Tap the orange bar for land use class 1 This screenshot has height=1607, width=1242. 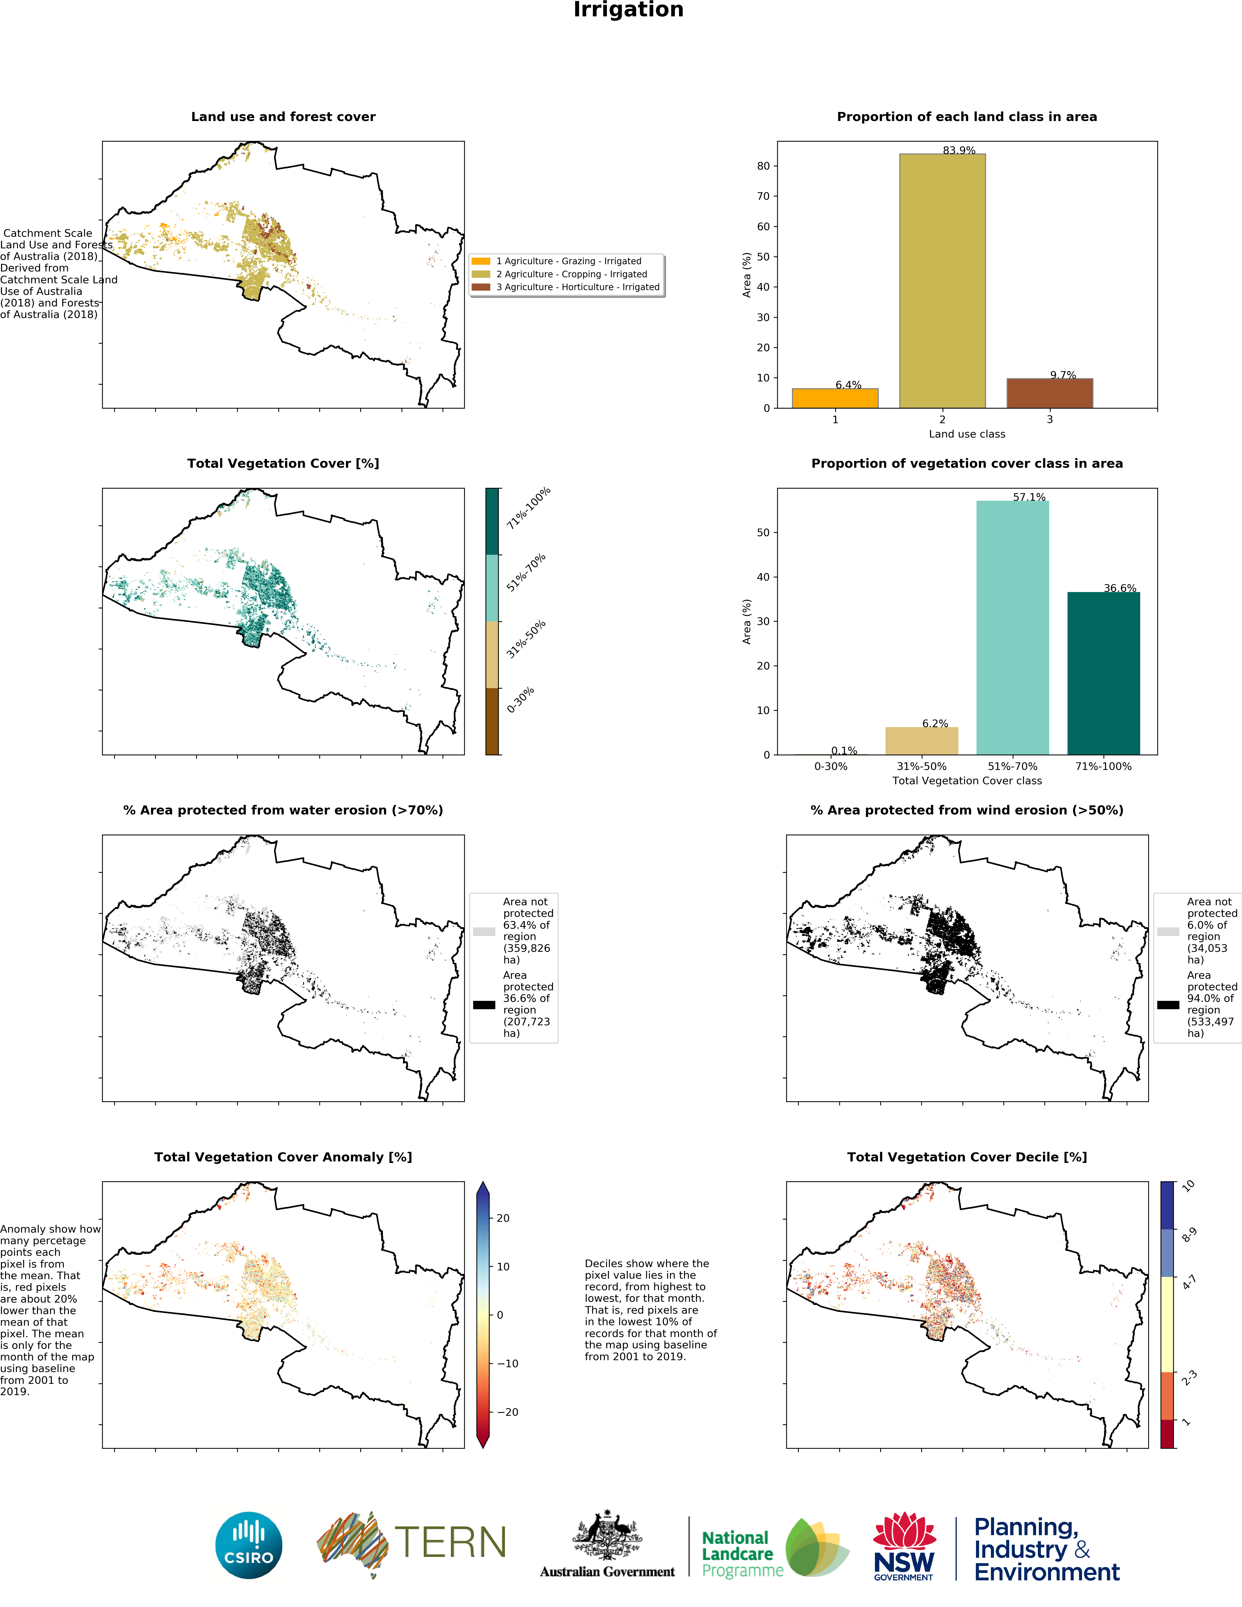click(835, 398)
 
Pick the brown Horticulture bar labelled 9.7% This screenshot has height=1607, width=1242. click(1049, 393)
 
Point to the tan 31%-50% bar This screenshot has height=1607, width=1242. click(921, 740)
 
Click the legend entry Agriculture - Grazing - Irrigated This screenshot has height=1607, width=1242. click(568, 261)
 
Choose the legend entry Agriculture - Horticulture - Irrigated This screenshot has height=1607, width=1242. click(577, 287)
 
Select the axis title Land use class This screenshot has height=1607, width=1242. click(966, 434)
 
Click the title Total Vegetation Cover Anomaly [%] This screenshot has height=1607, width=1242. click(283, 1157)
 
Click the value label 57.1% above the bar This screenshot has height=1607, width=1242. click(1029, 497)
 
